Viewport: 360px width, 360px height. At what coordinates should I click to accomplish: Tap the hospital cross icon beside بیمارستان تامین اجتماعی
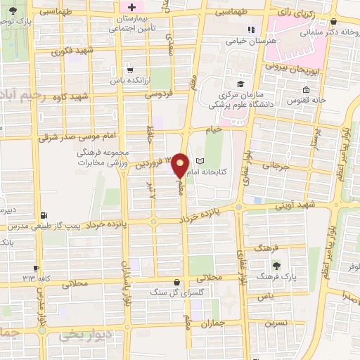point(131,7)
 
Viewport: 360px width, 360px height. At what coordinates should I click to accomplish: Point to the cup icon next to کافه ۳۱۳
point(36,268)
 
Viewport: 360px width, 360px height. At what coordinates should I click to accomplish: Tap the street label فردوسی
point(159,93)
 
